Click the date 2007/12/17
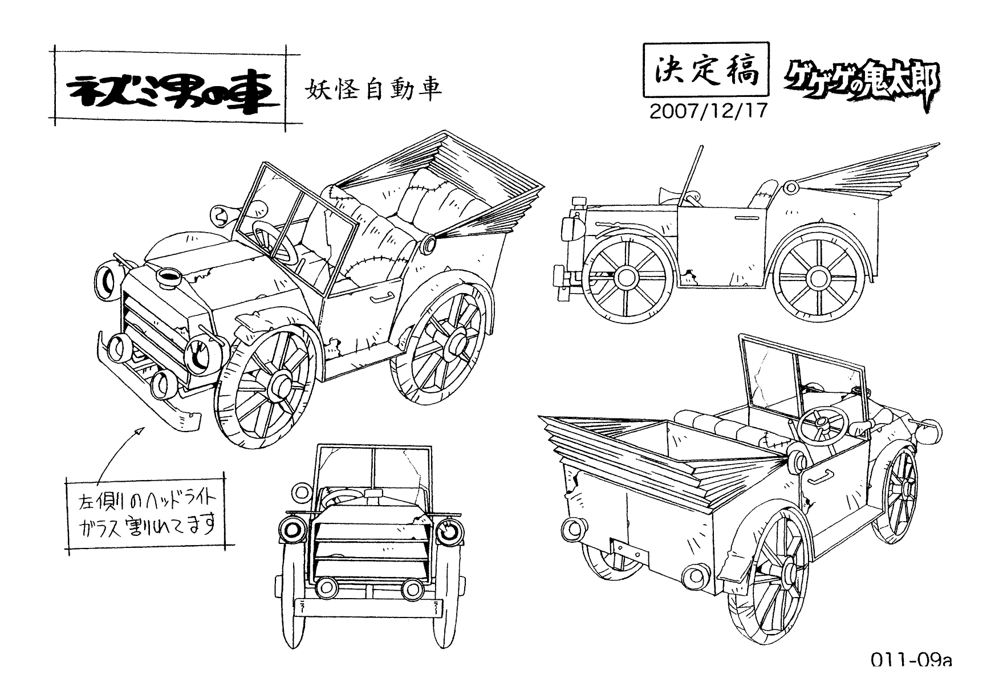pos(709,111)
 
